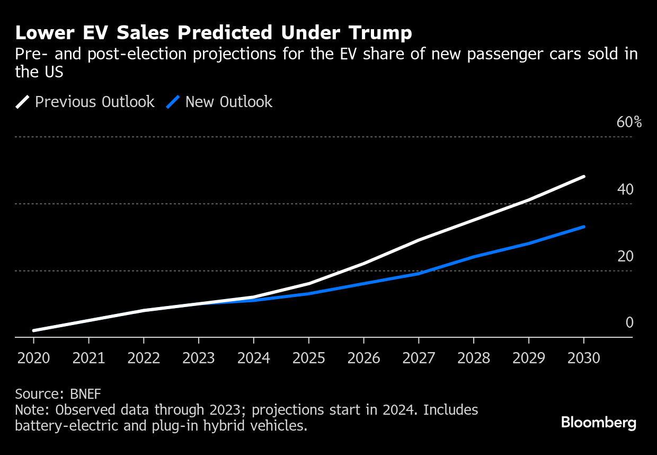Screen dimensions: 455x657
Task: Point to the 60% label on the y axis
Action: point(629,122)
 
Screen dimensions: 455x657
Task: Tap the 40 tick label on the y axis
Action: point(625,189)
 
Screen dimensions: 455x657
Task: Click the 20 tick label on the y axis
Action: point(625,257)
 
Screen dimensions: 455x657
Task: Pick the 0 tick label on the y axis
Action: point(629,323)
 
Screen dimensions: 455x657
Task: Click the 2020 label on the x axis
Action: point(34,358)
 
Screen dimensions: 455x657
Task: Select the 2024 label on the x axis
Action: point(254,358)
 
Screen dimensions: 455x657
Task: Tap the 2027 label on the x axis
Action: point(419,358)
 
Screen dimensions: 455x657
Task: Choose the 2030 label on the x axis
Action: point(583,358)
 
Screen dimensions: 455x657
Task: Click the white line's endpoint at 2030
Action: point(583,176)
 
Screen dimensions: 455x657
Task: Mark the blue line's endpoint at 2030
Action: point(583,227)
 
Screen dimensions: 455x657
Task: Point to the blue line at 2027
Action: point(419,274)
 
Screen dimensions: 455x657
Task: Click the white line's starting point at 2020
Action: point(34,330)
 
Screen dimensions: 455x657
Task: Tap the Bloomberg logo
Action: point(598,423)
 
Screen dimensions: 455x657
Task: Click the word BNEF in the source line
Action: point(85,394)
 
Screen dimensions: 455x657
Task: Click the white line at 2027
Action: point(419,240)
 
